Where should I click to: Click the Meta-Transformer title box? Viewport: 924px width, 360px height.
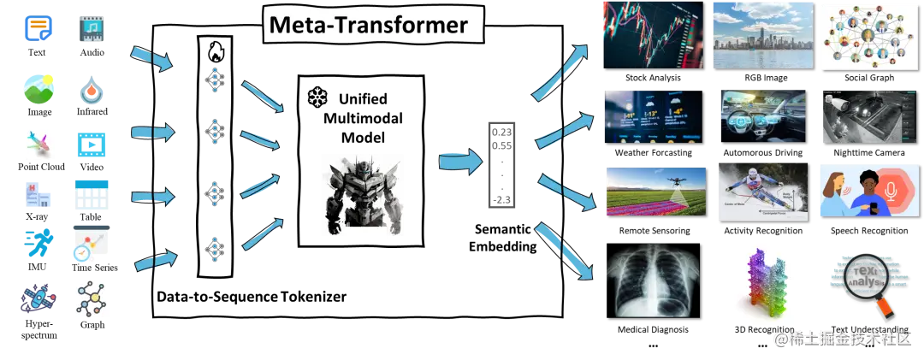coord(369,25)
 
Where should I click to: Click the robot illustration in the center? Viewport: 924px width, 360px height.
coord(365,195)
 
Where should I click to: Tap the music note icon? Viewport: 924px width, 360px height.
coord(92,31)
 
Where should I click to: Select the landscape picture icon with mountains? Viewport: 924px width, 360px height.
coord(38,87)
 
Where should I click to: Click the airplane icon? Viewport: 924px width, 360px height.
coord(37,142)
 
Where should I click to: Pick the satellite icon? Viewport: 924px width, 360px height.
coord(38,298)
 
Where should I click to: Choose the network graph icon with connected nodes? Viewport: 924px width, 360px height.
coord(92,300)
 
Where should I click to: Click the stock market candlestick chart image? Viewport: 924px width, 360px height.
coord(653,34)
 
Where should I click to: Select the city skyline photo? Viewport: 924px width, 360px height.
coord(761,34)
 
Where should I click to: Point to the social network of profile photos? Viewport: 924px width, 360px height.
coord(863,34)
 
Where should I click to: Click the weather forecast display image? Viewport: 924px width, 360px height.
coord(653,116)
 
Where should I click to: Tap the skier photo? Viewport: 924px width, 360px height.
coord(761,190)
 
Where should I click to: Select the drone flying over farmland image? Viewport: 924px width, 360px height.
coord(654,190)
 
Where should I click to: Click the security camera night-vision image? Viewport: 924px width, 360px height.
coord(863,116)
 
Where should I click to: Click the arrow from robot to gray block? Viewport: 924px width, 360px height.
coord(459,161)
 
